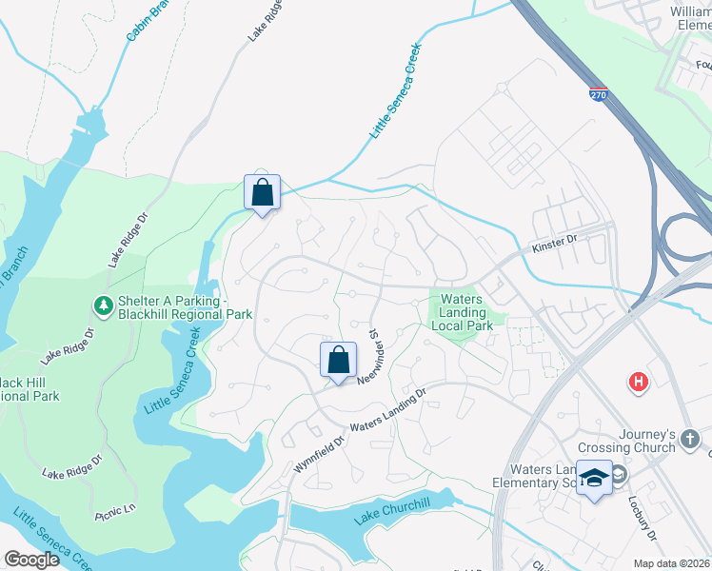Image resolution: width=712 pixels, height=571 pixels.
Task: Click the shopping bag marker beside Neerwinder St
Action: pos(338,361)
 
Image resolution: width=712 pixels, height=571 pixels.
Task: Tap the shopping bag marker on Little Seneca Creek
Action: pos(263,193)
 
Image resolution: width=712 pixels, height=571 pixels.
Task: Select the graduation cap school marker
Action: pos(595,479)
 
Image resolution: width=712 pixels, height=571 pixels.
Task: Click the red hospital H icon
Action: pos(638,383)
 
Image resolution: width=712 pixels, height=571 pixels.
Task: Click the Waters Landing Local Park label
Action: pos(462,312)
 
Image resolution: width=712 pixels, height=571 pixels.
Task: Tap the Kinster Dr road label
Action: pos(554,245)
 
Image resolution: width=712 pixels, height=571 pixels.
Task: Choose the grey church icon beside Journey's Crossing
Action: pos(690,440)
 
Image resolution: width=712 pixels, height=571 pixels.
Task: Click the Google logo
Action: pos(30,560)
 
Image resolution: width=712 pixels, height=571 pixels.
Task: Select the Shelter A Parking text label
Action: pos(170,306)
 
